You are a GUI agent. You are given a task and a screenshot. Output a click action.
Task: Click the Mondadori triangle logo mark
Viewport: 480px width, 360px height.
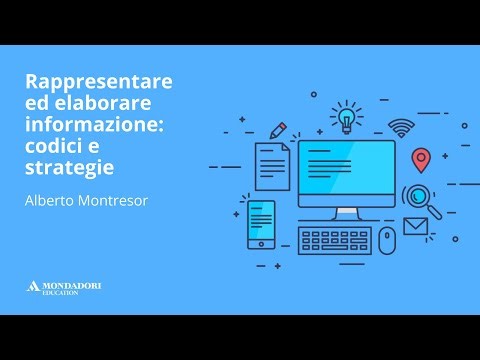pyautogui.click(x=32, y=287)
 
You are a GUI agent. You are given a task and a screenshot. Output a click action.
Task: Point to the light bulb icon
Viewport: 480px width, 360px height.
pyautogui.click(x=347, y=115)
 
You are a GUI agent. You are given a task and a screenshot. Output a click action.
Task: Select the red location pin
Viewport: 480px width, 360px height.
pyautogui.click(x=421, y=160)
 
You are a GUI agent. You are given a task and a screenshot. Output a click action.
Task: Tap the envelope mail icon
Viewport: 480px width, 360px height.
pyautogui.click(x=414, y=225)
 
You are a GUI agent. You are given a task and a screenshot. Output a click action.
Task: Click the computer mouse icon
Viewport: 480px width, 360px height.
pyautogui.click(x=386, y=240)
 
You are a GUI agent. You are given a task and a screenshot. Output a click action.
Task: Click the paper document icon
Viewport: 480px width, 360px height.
pyautogui.click(x=271, y=165)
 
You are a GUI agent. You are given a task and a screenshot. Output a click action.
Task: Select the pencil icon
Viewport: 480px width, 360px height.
pyautogui.click(x=277, y=130)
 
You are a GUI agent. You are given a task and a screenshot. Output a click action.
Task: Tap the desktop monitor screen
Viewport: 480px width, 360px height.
pyautogui.click(x=346, y=170)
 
